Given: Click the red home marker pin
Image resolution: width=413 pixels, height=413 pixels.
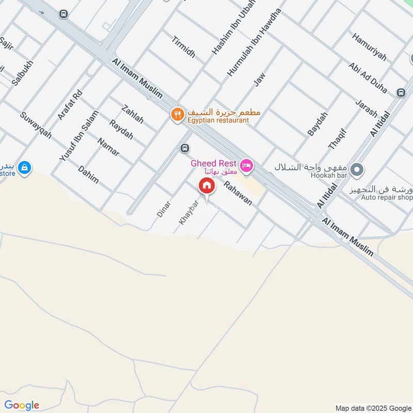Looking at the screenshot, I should point(206,186).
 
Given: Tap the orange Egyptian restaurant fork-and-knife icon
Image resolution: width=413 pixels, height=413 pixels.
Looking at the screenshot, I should point(178,114).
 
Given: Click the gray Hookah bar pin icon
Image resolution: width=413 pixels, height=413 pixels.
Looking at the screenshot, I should point(356,169).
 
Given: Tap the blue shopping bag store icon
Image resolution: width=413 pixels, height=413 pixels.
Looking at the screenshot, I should point(24,167).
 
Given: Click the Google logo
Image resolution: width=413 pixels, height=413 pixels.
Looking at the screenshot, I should point(22,405).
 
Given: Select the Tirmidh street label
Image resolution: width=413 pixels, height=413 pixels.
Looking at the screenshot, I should point(184,47).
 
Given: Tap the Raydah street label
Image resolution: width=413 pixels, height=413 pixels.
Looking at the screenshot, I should point(121,130).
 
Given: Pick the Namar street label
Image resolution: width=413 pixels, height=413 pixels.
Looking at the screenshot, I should point(108,147).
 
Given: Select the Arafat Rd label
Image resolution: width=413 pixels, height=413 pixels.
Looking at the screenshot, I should point(70,105).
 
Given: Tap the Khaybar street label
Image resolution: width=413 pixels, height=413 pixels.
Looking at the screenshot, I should point(188,211).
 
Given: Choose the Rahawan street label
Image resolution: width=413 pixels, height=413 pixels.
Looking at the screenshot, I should point(238,192).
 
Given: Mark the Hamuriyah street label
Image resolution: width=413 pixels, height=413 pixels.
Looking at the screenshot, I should point(369,47).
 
